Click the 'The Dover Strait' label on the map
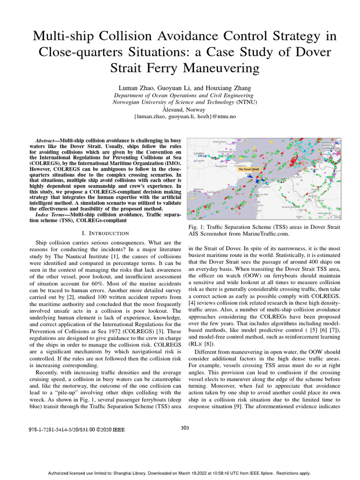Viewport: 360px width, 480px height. [248, 169]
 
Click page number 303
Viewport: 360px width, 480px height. [185, 427]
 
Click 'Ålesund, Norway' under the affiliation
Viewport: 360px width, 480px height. [180, 109]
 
